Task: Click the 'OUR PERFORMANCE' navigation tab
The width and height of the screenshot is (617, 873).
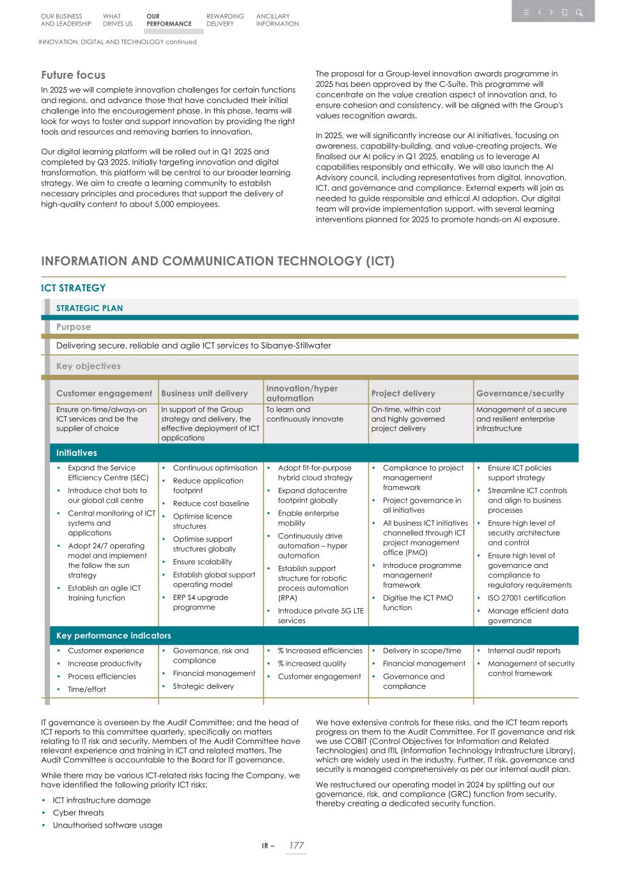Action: click(168, 20)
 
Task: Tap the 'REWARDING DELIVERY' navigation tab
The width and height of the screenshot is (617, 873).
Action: click(225, 20)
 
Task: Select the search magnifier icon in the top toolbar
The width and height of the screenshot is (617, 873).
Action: click(579, 12)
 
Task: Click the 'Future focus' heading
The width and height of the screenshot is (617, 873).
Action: click(73, 75)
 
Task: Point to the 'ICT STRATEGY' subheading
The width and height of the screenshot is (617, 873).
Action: click(73, 288)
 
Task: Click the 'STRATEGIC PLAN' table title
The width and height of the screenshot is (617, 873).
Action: click(90, 308)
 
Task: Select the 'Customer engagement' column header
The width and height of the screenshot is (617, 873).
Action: click(104, 393)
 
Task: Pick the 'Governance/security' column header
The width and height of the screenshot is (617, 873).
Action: click(520, 393)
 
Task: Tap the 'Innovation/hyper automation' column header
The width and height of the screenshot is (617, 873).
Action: click(302, 393)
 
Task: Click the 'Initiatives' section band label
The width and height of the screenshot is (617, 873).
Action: click(77, 453)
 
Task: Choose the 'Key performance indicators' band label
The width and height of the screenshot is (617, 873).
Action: click(114, 636)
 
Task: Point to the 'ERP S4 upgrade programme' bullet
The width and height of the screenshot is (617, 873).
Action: click(200, 602)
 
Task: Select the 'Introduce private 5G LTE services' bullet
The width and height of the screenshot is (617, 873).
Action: click(320, 615)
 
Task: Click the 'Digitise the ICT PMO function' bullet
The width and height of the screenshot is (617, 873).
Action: click(418, 602)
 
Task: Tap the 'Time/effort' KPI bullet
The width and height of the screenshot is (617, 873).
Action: click(87, 689)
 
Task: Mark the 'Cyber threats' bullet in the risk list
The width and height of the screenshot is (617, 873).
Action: click(78, 813)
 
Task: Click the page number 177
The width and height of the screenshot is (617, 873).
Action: click(296, 845)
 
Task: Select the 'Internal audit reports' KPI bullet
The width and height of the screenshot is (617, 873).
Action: click(524, 650)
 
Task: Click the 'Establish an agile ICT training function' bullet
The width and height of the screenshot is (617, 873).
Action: click(104, 593)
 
